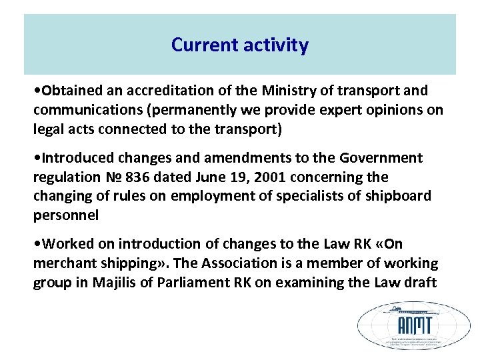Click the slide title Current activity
240,45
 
